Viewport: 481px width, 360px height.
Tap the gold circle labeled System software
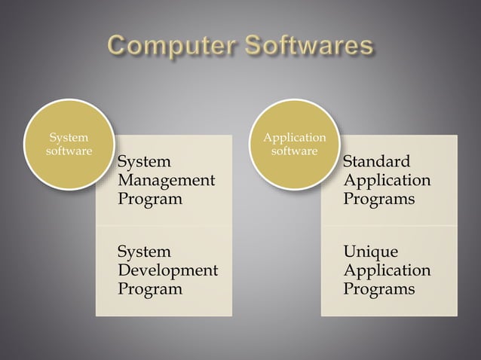tap(69, 145)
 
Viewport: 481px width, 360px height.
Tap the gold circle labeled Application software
tap(294, 145)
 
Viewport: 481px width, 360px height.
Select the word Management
tap(166, 181)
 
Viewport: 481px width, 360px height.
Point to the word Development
tap(168, 270)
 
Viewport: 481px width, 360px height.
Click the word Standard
tap(377, 162)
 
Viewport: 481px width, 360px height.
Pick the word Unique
tap(370, 252)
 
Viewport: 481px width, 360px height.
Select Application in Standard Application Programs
tap(387, 181)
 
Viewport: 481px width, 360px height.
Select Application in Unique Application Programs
tap(387, 270)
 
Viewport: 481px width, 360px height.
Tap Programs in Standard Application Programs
tap(378, 200)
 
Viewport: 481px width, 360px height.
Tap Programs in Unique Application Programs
tap(378, 289)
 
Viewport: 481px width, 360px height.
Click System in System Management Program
tap(145, 162)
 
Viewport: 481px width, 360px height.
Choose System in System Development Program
tap(145, 252)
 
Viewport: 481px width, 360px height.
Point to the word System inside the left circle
tap(68, 138)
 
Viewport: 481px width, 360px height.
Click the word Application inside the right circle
tap(294, 138)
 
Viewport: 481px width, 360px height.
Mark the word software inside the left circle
tap(69, 151)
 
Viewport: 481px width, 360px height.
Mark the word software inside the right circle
tap(294, 151)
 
